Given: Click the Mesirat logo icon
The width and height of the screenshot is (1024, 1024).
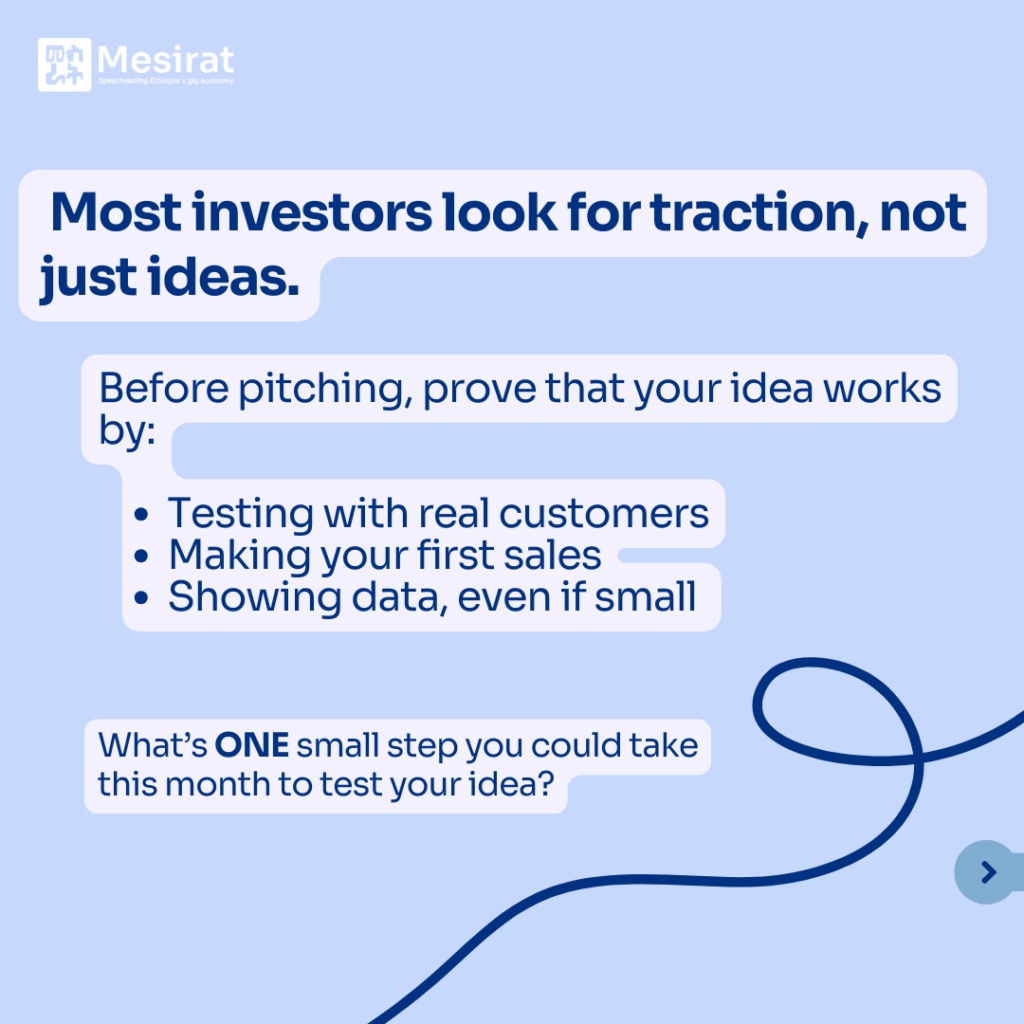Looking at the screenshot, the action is tap(64, 65).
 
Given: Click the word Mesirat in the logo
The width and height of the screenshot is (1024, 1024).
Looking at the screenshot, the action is tap(165, 60).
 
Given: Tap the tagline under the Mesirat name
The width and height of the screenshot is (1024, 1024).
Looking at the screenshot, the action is tap(165, 81).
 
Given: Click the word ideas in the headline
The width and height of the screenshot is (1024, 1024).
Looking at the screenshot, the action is tap(223, 277).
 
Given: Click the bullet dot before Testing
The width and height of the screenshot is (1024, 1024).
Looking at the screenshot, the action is tap(141, 515).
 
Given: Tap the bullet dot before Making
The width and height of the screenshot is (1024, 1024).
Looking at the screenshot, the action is tap(141, 556).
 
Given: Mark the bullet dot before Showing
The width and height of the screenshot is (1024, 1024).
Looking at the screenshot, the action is tap(141, 598).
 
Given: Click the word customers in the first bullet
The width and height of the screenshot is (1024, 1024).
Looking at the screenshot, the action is tap(604, 514).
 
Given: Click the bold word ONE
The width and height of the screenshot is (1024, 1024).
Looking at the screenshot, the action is tap(251, 745).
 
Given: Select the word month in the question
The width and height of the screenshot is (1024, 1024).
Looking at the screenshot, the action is tap(218, 784).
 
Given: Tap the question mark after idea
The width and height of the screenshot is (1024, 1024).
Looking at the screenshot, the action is tap(546, 784).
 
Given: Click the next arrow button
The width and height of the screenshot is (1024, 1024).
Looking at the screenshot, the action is tap(988, 872).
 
